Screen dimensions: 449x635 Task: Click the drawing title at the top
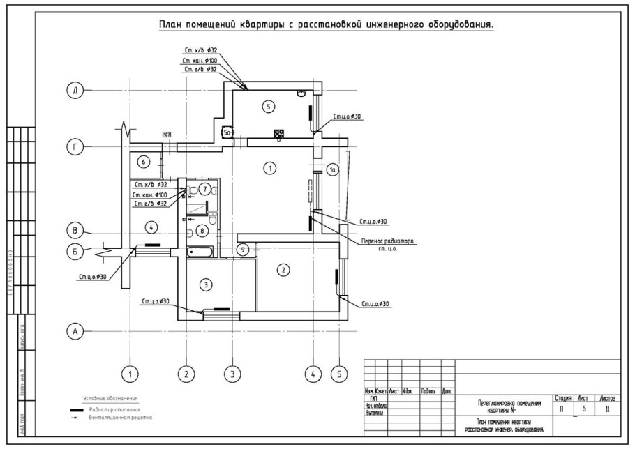click(x=326, y=25)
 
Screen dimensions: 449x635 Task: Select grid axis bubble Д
click(x=73, y=91)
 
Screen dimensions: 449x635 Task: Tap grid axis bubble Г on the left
click(x=73, y=147)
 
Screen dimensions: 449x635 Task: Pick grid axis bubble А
click(x=73, y=332)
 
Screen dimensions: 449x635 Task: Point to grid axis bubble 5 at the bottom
click(x=338, y=374)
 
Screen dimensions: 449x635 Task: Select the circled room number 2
click(x=283, y=271)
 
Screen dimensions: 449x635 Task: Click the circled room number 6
click(x=143, y=162)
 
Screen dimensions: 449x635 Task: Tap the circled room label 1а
click(x=333, y=169)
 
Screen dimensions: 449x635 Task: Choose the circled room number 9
click(x=242, y=249)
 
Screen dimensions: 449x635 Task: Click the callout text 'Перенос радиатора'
click(x=387, y=242)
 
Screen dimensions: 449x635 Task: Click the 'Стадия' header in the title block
click(x=563, y=397)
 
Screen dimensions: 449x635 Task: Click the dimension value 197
click(x=167, y=135)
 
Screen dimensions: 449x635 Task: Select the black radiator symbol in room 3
click(x=221, y=307)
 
